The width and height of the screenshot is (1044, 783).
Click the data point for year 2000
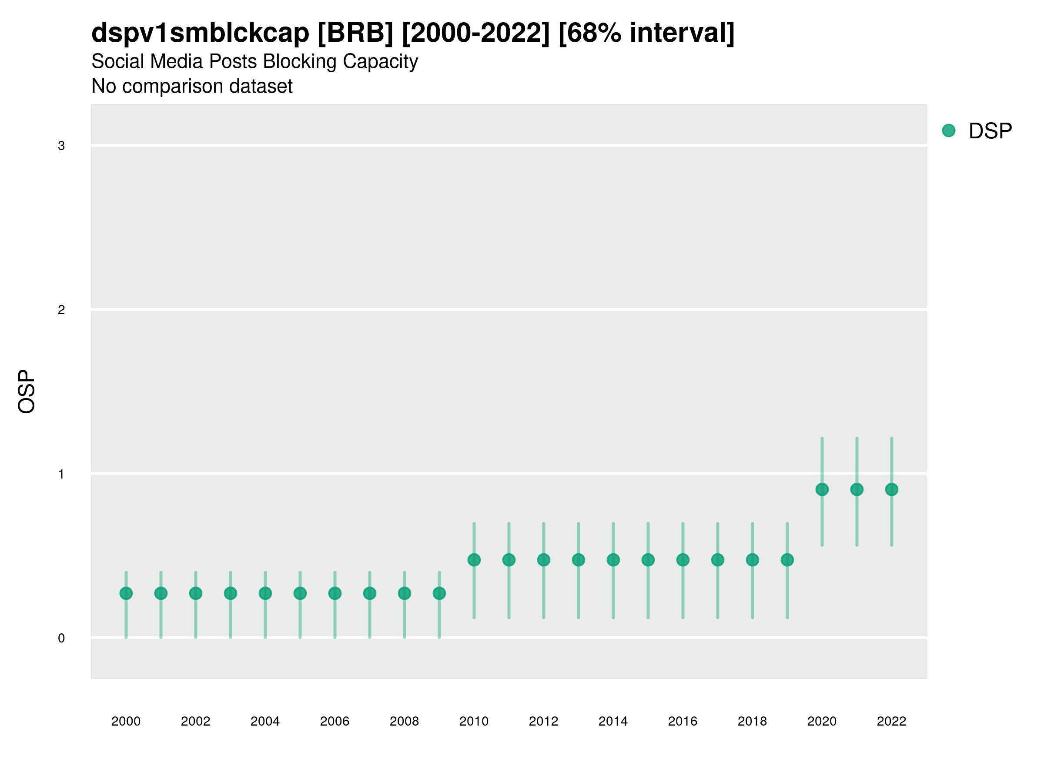126,593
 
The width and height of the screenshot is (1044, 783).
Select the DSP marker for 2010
474,560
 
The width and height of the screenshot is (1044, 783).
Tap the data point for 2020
822,489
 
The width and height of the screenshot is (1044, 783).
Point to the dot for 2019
787,560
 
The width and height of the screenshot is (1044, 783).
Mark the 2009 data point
439,593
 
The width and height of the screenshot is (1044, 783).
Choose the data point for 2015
648,560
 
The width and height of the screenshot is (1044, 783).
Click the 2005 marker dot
300,593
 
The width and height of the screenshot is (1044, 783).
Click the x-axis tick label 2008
405,721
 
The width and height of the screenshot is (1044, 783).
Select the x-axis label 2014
613,721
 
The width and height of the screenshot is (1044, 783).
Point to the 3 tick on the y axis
61,146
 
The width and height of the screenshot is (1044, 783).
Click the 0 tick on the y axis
61,638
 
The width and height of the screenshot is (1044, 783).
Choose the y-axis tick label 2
61,310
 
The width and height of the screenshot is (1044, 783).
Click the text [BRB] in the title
355,33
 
